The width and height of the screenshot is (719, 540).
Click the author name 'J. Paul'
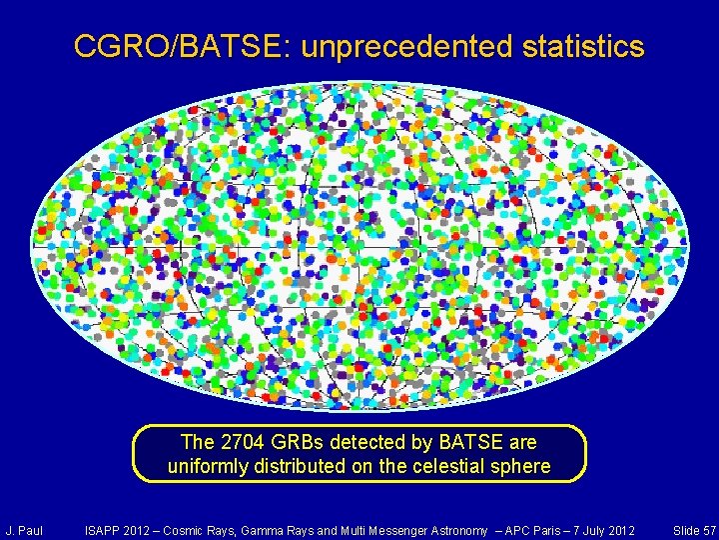click(x=24, y=529)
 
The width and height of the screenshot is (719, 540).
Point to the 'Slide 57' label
click(x=694, y=529)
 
